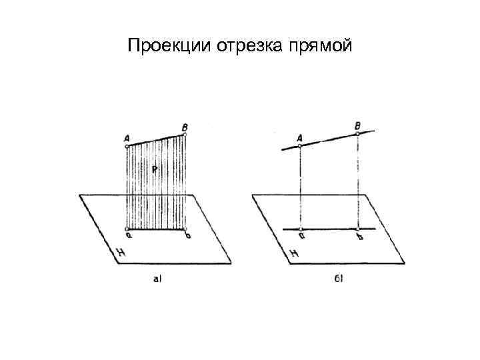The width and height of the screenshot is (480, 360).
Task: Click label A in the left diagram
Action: pos(126,138)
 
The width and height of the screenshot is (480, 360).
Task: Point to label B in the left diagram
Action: pos(184,126)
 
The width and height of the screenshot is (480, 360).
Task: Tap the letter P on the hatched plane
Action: pos(154,170)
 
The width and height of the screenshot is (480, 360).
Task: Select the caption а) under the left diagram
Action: pos(158,279)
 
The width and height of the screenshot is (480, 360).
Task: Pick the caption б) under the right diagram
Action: pos(339,279)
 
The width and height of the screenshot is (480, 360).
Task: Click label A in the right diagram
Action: pos(299,137)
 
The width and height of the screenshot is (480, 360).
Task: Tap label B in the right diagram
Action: pos(358,125)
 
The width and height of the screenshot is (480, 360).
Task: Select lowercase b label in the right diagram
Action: pos(361,237)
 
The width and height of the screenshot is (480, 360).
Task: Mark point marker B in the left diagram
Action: pos(184,134)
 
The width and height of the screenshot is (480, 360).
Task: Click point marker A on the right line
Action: pos(301,146)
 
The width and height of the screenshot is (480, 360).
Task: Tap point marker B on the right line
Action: pos(358,133)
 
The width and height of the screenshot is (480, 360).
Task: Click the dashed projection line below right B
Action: pos(358,180)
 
